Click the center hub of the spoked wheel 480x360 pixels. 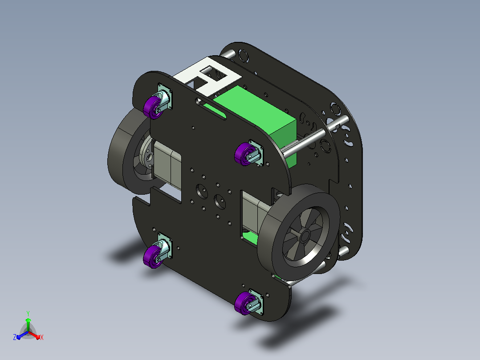[305, 236]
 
